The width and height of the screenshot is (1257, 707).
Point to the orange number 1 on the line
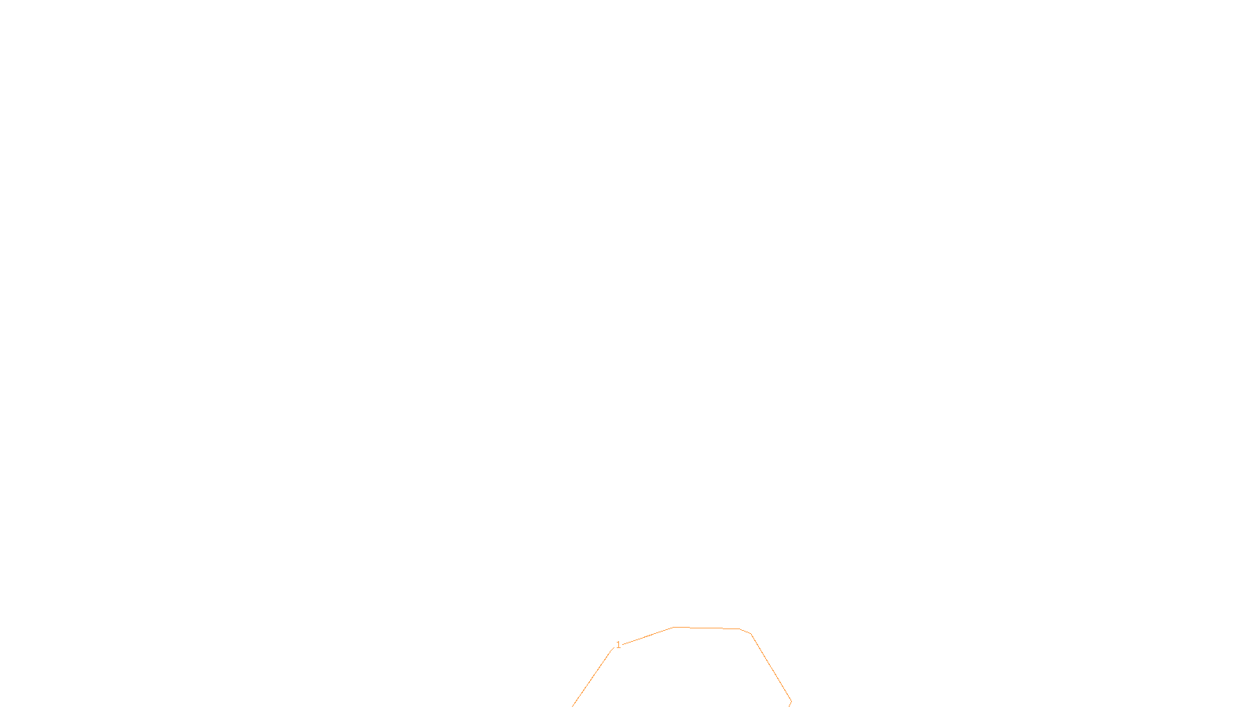pos(618,645)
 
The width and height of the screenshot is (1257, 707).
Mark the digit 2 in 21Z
pos(590,694)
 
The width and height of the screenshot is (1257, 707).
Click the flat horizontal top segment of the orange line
pos(707,628)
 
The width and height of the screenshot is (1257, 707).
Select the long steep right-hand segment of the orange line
pos(771,668)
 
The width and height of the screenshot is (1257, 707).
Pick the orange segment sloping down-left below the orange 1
pos(592,678)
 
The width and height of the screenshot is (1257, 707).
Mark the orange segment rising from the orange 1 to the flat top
pos(648,636)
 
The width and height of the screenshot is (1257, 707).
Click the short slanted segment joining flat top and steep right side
pos(746,631)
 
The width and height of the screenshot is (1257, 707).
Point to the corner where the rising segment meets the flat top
pos(673,627)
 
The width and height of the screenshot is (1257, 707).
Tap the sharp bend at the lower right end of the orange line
pos(791,702)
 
